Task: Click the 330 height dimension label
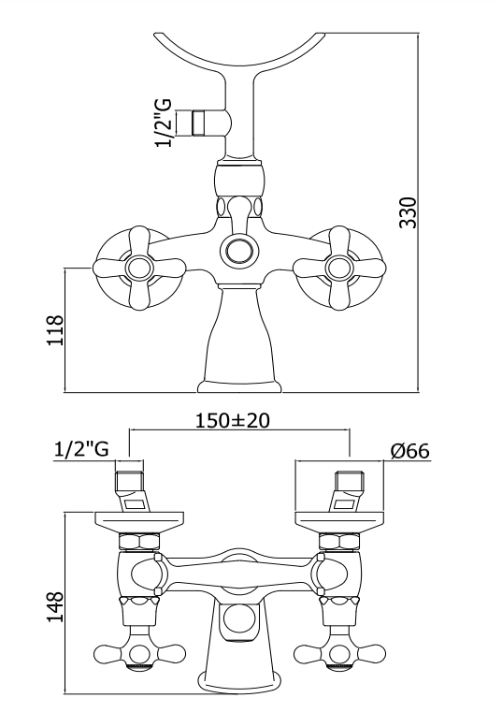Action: click(409, 212)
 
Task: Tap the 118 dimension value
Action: click(55, 330)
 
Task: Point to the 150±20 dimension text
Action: click(232, 420)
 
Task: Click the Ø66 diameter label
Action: click(410, 450)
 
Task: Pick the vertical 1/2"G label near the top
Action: click(165, 123)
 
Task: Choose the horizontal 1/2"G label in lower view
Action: click(81, 449)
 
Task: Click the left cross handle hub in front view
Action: click(139, 268)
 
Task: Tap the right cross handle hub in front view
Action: click(339, 268)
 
